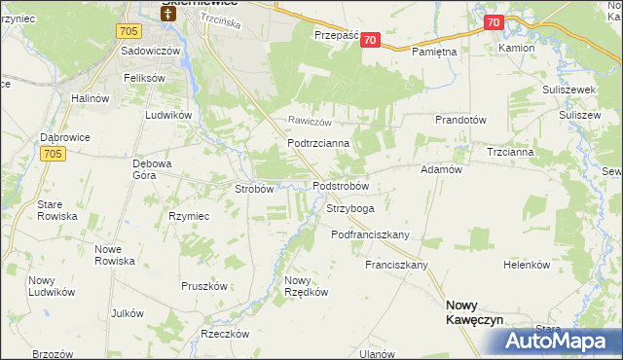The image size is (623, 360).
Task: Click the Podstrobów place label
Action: [340, 186]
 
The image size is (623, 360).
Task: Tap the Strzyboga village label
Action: [350, 208]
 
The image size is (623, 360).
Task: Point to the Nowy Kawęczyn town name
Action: [474, 310]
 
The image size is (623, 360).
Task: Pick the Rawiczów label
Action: [310, 122]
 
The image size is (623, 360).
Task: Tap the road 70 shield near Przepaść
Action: [373, 38]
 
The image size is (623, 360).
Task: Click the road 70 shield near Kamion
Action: [494, 22]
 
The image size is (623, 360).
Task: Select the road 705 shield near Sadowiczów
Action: [128, 31]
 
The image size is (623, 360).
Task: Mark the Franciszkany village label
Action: [397, 265]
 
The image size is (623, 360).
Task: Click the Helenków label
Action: [527, 265]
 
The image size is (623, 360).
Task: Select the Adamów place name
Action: [440, 168]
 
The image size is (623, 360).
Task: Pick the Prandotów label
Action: [460, 120]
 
